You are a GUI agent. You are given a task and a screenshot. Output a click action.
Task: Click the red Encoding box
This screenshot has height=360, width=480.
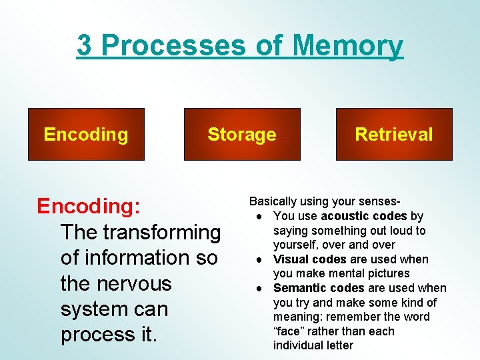86,135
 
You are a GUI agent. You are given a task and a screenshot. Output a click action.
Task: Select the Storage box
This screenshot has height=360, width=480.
242,135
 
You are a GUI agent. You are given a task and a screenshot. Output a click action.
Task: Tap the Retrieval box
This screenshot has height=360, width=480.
394,135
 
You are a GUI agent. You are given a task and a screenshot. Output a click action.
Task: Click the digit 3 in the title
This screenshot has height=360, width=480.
85,46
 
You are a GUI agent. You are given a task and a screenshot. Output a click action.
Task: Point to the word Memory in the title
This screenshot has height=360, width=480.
348,46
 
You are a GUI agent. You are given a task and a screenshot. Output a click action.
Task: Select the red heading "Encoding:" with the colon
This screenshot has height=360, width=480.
88,207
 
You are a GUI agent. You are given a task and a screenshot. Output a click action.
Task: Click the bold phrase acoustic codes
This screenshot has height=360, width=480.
364,216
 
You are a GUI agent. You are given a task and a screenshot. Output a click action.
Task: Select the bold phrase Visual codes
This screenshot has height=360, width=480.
310,259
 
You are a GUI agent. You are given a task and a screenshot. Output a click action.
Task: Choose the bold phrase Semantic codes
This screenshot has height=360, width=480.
319,288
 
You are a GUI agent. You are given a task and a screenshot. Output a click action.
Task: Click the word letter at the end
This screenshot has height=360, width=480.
338,345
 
